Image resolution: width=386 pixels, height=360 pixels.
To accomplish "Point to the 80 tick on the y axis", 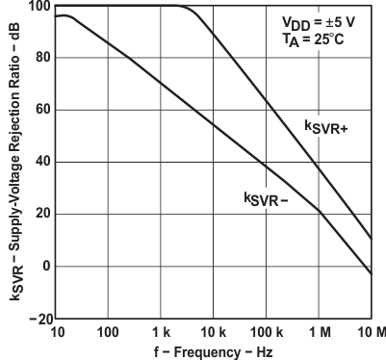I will (x=39, y=59).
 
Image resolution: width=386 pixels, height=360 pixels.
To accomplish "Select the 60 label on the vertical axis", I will (x=39, y=111).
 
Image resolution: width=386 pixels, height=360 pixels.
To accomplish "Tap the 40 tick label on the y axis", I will (x=39, y=163).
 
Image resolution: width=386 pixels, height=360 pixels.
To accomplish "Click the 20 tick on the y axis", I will (x=39, y=214).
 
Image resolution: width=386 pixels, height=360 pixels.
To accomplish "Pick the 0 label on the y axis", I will (x=43, y=266).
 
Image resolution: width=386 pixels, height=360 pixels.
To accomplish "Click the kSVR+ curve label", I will (x=325, y=128).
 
